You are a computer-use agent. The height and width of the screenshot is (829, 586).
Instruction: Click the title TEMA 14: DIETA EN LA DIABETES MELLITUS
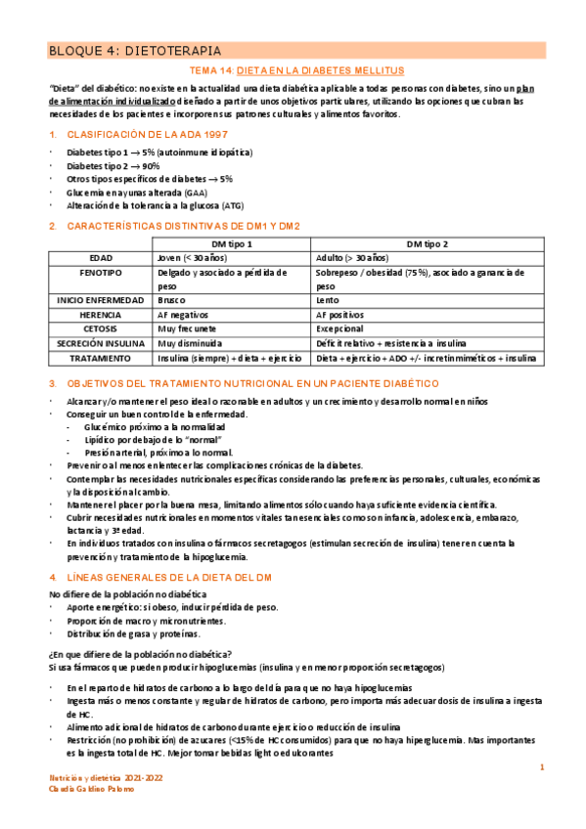pos(294,71)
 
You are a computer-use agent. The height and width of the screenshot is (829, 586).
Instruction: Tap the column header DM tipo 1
pos(233,242)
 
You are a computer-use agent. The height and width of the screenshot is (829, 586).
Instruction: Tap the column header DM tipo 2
pos(428,242)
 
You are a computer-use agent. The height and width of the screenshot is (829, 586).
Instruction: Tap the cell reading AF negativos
pos(184,315)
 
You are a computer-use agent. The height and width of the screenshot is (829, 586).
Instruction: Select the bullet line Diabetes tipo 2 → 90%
pos(113,166)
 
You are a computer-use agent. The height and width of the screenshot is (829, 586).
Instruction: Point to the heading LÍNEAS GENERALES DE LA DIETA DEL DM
pos(166,577)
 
